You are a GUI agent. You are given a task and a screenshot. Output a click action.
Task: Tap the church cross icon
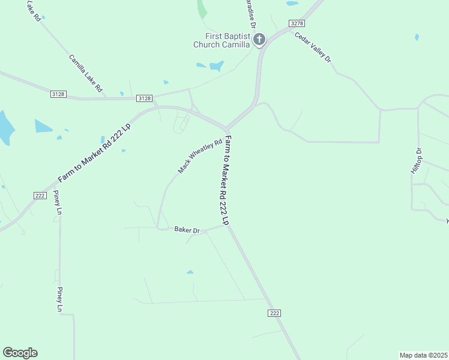[259, 40]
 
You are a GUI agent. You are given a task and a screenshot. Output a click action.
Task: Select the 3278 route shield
[296, 23]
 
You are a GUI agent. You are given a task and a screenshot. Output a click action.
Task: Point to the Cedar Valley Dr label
[313, 47]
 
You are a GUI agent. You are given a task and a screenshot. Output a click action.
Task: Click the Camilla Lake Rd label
[85, 74]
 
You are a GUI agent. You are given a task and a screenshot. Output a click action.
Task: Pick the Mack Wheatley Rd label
[200, 157]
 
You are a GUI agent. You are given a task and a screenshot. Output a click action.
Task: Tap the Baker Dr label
[186, 230]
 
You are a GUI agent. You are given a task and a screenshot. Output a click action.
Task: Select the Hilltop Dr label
[417, 161]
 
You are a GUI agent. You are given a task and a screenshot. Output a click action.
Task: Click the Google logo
[20, 353]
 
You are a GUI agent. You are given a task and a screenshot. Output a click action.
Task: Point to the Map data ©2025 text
[423, 355]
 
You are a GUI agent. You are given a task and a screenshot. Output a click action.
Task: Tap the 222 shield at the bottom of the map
[274, 313]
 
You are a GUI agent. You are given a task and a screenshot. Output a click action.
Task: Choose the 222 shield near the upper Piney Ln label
[40, 196]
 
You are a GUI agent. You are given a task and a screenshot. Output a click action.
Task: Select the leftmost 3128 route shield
[58, 94]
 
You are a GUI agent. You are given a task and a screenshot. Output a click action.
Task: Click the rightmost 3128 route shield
[145, 98]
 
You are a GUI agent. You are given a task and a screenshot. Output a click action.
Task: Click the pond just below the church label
[217, 65]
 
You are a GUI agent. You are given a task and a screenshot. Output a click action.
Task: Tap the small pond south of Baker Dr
[190, 272]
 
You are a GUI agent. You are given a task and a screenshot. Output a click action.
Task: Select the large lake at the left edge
[5, 127]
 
